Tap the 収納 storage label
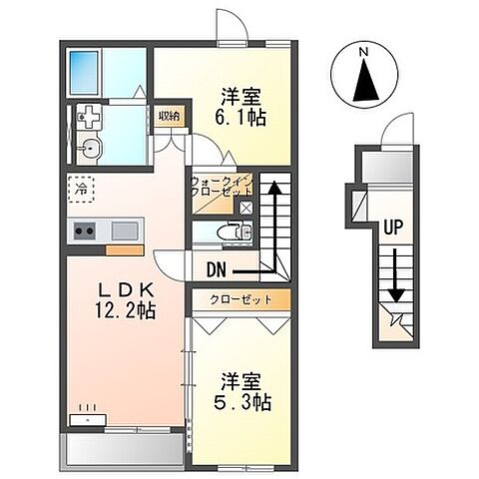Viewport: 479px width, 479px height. click(x=170, y=116)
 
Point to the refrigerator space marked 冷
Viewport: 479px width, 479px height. click(x=79, y=186)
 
